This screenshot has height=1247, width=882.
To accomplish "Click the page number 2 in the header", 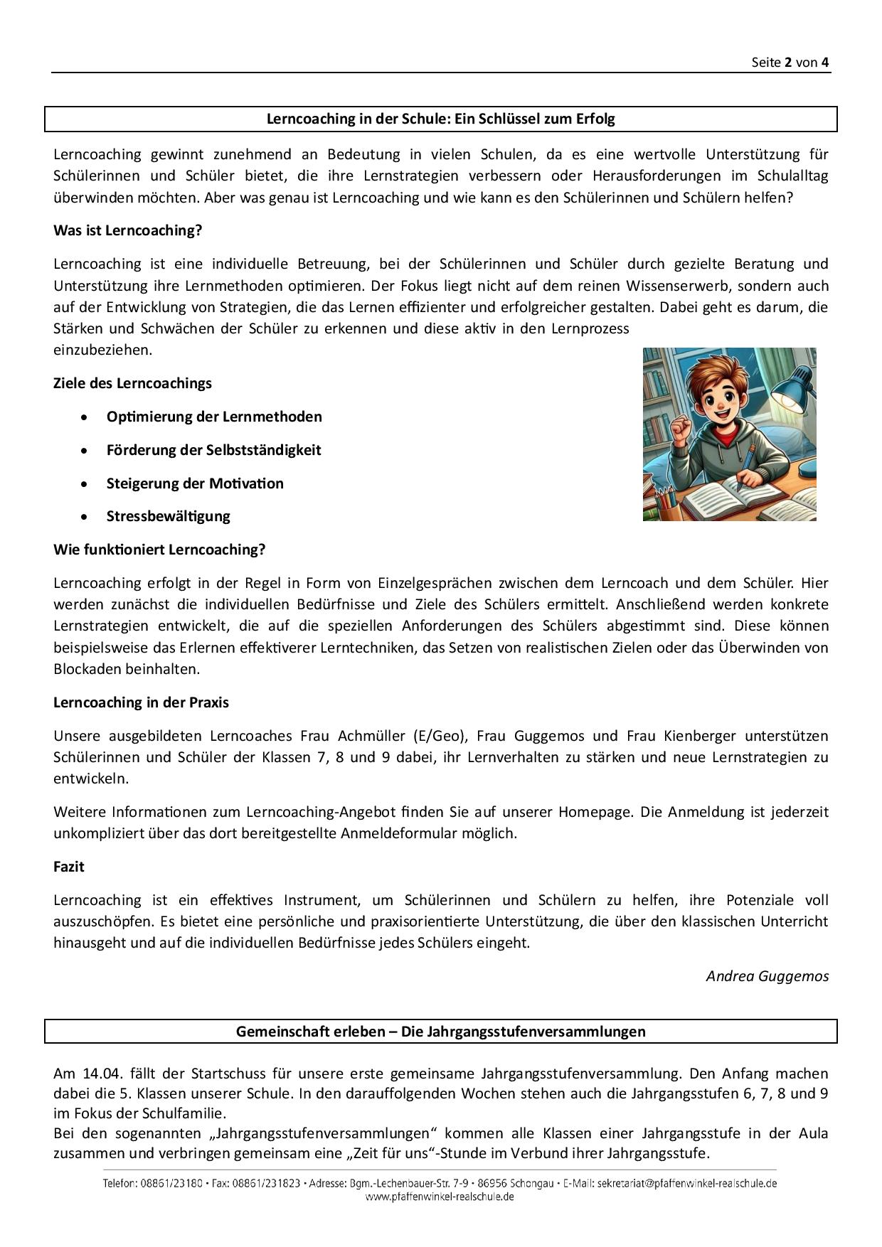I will tap(788, 63).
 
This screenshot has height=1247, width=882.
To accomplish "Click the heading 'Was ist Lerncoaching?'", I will tap(127, 231).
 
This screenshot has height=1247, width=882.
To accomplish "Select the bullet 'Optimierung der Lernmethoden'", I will tap(214, 417).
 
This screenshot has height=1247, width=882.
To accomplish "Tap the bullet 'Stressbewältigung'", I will tap(168, 516).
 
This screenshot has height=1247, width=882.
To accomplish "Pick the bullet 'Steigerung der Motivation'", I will tap(195, 483).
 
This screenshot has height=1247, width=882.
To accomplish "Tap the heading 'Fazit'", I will tap(69, 867).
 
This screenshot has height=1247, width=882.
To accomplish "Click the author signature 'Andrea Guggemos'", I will tap(767, 976).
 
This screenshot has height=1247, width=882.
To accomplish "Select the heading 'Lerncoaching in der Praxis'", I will tap(141, 702).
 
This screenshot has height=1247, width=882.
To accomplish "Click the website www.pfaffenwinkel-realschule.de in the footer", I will tap(440, 1197).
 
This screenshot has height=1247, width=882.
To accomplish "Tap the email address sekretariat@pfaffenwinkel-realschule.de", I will tap(687, 1184).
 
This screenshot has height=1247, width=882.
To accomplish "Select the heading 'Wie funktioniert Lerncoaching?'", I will tap(159, 550).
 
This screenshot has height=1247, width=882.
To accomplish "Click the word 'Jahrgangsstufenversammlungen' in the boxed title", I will tap(524, 1032).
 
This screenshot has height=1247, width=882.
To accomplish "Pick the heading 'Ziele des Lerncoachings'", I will tap(132, 383).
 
